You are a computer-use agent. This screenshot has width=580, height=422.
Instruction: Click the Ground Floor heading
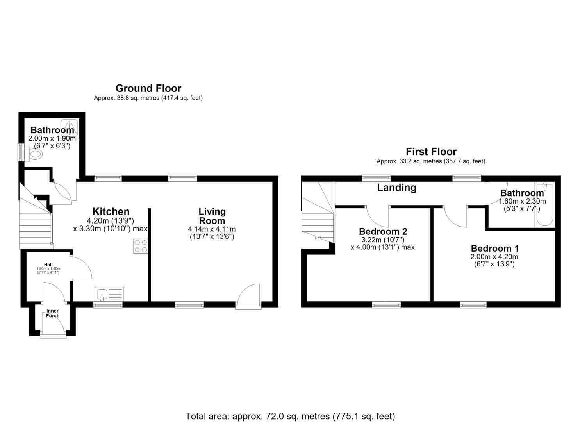tap(148, 89)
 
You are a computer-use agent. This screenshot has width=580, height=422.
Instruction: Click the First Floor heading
tap(431, 152)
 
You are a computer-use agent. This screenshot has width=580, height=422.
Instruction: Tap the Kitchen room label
tap(111, 212)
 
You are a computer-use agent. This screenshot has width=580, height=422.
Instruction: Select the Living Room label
tap(212, 216)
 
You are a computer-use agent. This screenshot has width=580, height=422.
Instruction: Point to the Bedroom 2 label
tap(383, 231)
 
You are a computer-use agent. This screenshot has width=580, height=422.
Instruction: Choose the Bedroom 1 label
tap(495, 249)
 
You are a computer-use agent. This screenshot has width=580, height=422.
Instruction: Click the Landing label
tap(396, 188)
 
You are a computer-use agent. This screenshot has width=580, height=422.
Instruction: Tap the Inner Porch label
tap(53, 313)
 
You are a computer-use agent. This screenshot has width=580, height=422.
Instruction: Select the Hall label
tap(48, 265)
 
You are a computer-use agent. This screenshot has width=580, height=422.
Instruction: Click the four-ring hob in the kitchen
tap(141, 246)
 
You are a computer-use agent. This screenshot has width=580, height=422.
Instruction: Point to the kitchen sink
tap(109, 294)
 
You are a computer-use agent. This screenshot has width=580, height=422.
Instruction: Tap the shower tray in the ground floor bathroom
tap(69, 128)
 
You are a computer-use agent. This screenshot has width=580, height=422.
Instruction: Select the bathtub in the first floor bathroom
tap(545, 205)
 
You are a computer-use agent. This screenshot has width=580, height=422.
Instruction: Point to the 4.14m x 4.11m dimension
tap(212, 229)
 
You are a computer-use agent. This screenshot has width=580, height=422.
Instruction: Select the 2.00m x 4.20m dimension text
tap(494, 257)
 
